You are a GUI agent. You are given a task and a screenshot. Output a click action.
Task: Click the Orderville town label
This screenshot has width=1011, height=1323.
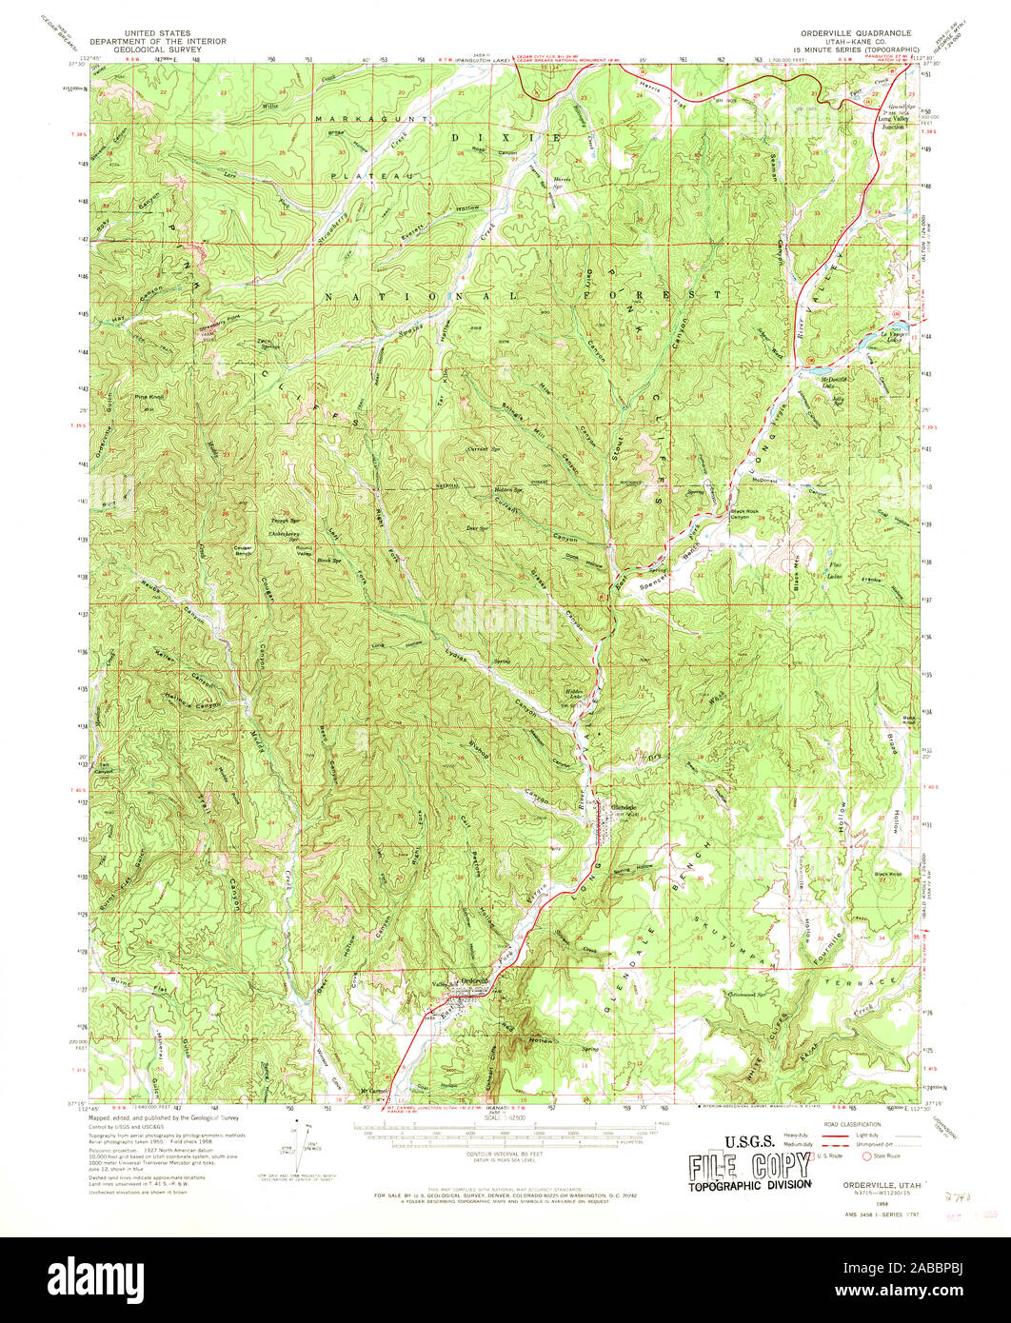tap(473, 980)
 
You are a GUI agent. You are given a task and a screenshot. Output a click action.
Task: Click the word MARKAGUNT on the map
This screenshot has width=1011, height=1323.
tap(353, 118)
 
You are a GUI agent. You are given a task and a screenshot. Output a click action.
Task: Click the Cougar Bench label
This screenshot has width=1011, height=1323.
tap(250, 550)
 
